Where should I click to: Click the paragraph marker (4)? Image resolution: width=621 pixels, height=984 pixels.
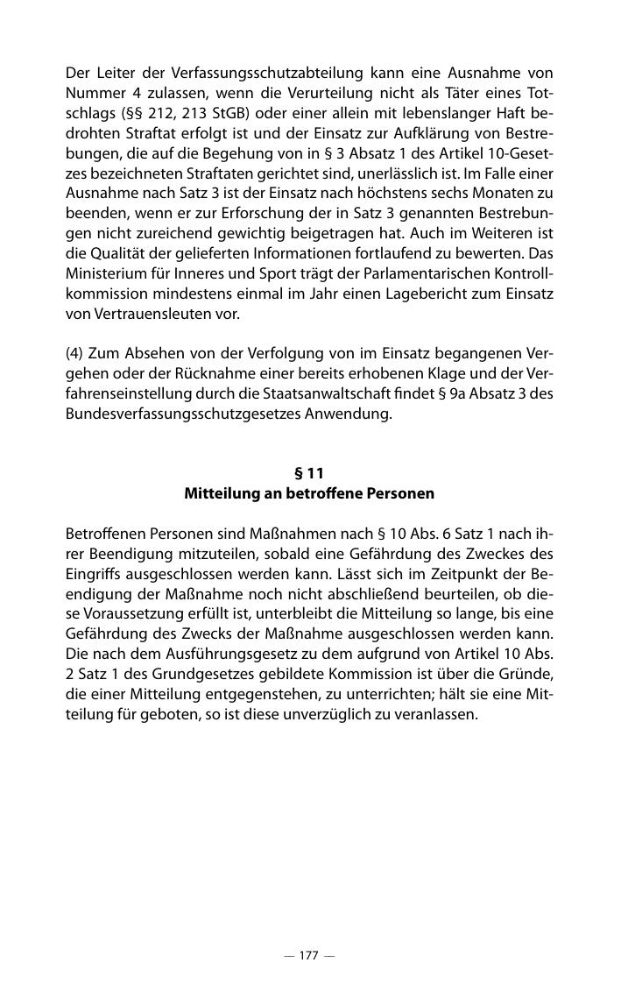[74, 353]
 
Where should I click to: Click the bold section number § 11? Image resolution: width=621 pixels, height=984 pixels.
[309, 474]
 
